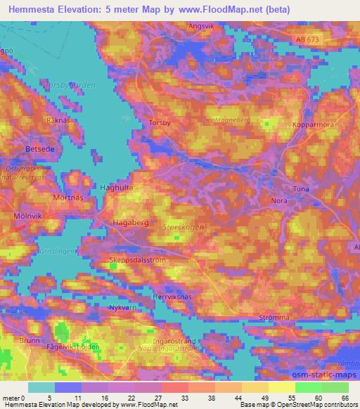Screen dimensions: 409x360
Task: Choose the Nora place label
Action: coord(279,200)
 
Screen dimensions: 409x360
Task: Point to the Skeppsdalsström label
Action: coord(138,259)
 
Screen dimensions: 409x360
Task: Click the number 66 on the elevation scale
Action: coord(344,397)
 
